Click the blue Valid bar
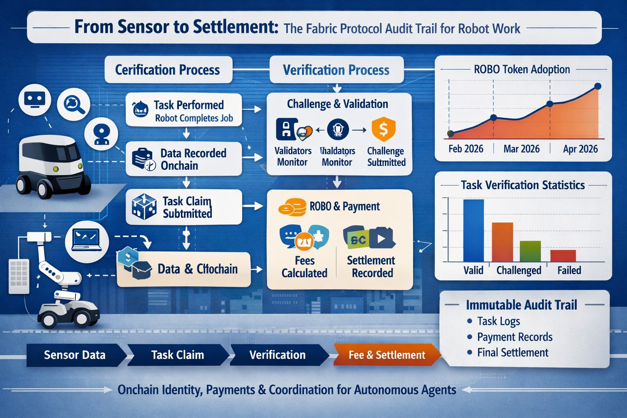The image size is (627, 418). tap(474, 230)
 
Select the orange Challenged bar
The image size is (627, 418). tap(502, 242)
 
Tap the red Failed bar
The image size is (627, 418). tap(563, 256)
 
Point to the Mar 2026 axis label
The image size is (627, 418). tap(521, 149)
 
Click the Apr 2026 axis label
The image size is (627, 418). tap(580, 149)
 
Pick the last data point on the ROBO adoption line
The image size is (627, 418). tap(598, 86)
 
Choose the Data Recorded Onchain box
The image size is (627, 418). tap(184, 159)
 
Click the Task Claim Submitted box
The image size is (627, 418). tap(184, 207)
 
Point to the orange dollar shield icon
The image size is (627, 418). tap(383, 129)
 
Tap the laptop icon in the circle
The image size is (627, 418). tap(86, 239)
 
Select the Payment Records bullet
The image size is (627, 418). tap(514, 337)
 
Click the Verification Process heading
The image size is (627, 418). tap(336, 70)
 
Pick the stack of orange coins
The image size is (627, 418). tap(292, 207)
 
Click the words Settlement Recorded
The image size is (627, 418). tap(371, 267)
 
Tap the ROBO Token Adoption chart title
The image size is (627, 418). tap(522, 69)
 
